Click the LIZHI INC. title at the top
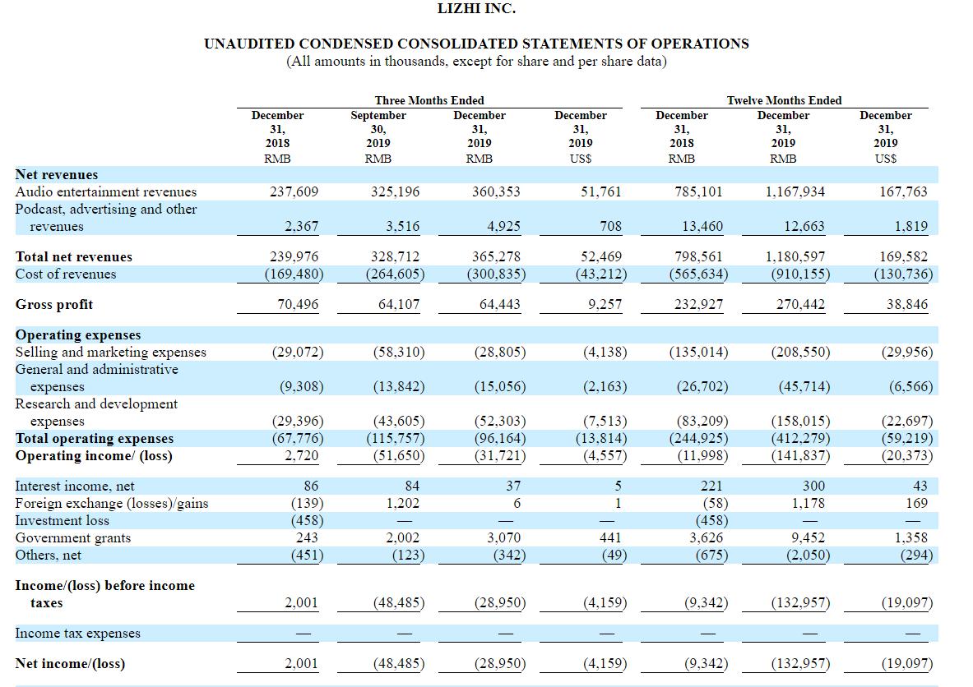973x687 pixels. [476, 9]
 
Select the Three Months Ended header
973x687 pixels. [429, 100]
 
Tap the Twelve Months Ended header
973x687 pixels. [785, 100]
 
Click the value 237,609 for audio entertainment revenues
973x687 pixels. [294, 191]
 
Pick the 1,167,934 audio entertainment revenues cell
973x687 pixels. [795, 191]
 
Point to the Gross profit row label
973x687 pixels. [54, 304]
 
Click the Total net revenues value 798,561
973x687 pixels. [699, 256]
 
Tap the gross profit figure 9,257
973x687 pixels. [605, 304]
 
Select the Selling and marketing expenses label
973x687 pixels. [110, 353]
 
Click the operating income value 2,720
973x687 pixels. [302, 456]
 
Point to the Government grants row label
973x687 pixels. [73, 537]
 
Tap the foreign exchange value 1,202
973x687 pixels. [403, 503]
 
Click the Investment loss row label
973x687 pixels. [62, 520]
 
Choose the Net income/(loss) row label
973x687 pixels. [70, 663]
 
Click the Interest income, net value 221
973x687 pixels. [711, 486]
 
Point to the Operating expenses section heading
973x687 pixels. [78, 334]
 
